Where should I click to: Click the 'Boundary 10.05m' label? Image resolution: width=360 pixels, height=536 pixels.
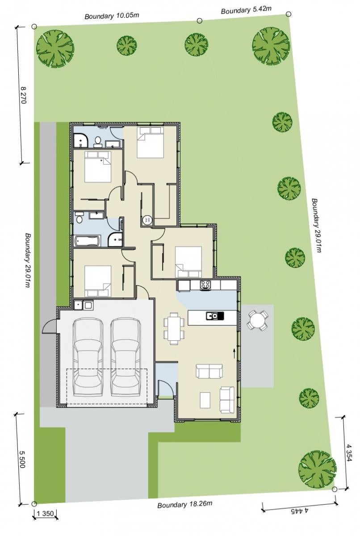coord(112,16)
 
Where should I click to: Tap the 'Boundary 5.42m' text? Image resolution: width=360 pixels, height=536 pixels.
coord(246,10)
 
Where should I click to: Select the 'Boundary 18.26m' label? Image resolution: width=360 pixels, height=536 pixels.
coord(184,504)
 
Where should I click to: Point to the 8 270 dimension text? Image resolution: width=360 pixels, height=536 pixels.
coord(23,95)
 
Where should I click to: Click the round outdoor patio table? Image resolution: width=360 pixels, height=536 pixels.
coord(257,320)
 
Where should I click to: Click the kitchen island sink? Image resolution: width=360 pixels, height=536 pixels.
coord(214,316)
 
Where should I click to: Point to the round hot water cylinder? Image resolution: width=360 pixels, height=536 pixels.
coord(147,220)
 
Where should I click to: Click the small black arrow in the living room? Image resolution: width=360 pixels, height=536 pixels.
coord(234,353)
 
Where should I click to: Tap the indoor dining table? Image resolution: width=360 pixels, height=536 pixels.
coord(174,328)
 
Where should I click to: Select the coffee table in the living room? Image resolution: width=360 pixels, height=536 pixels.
coord(205,400)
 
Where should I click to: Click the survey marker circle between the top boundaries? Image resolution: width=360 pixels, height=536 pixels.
coord(200,21)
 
